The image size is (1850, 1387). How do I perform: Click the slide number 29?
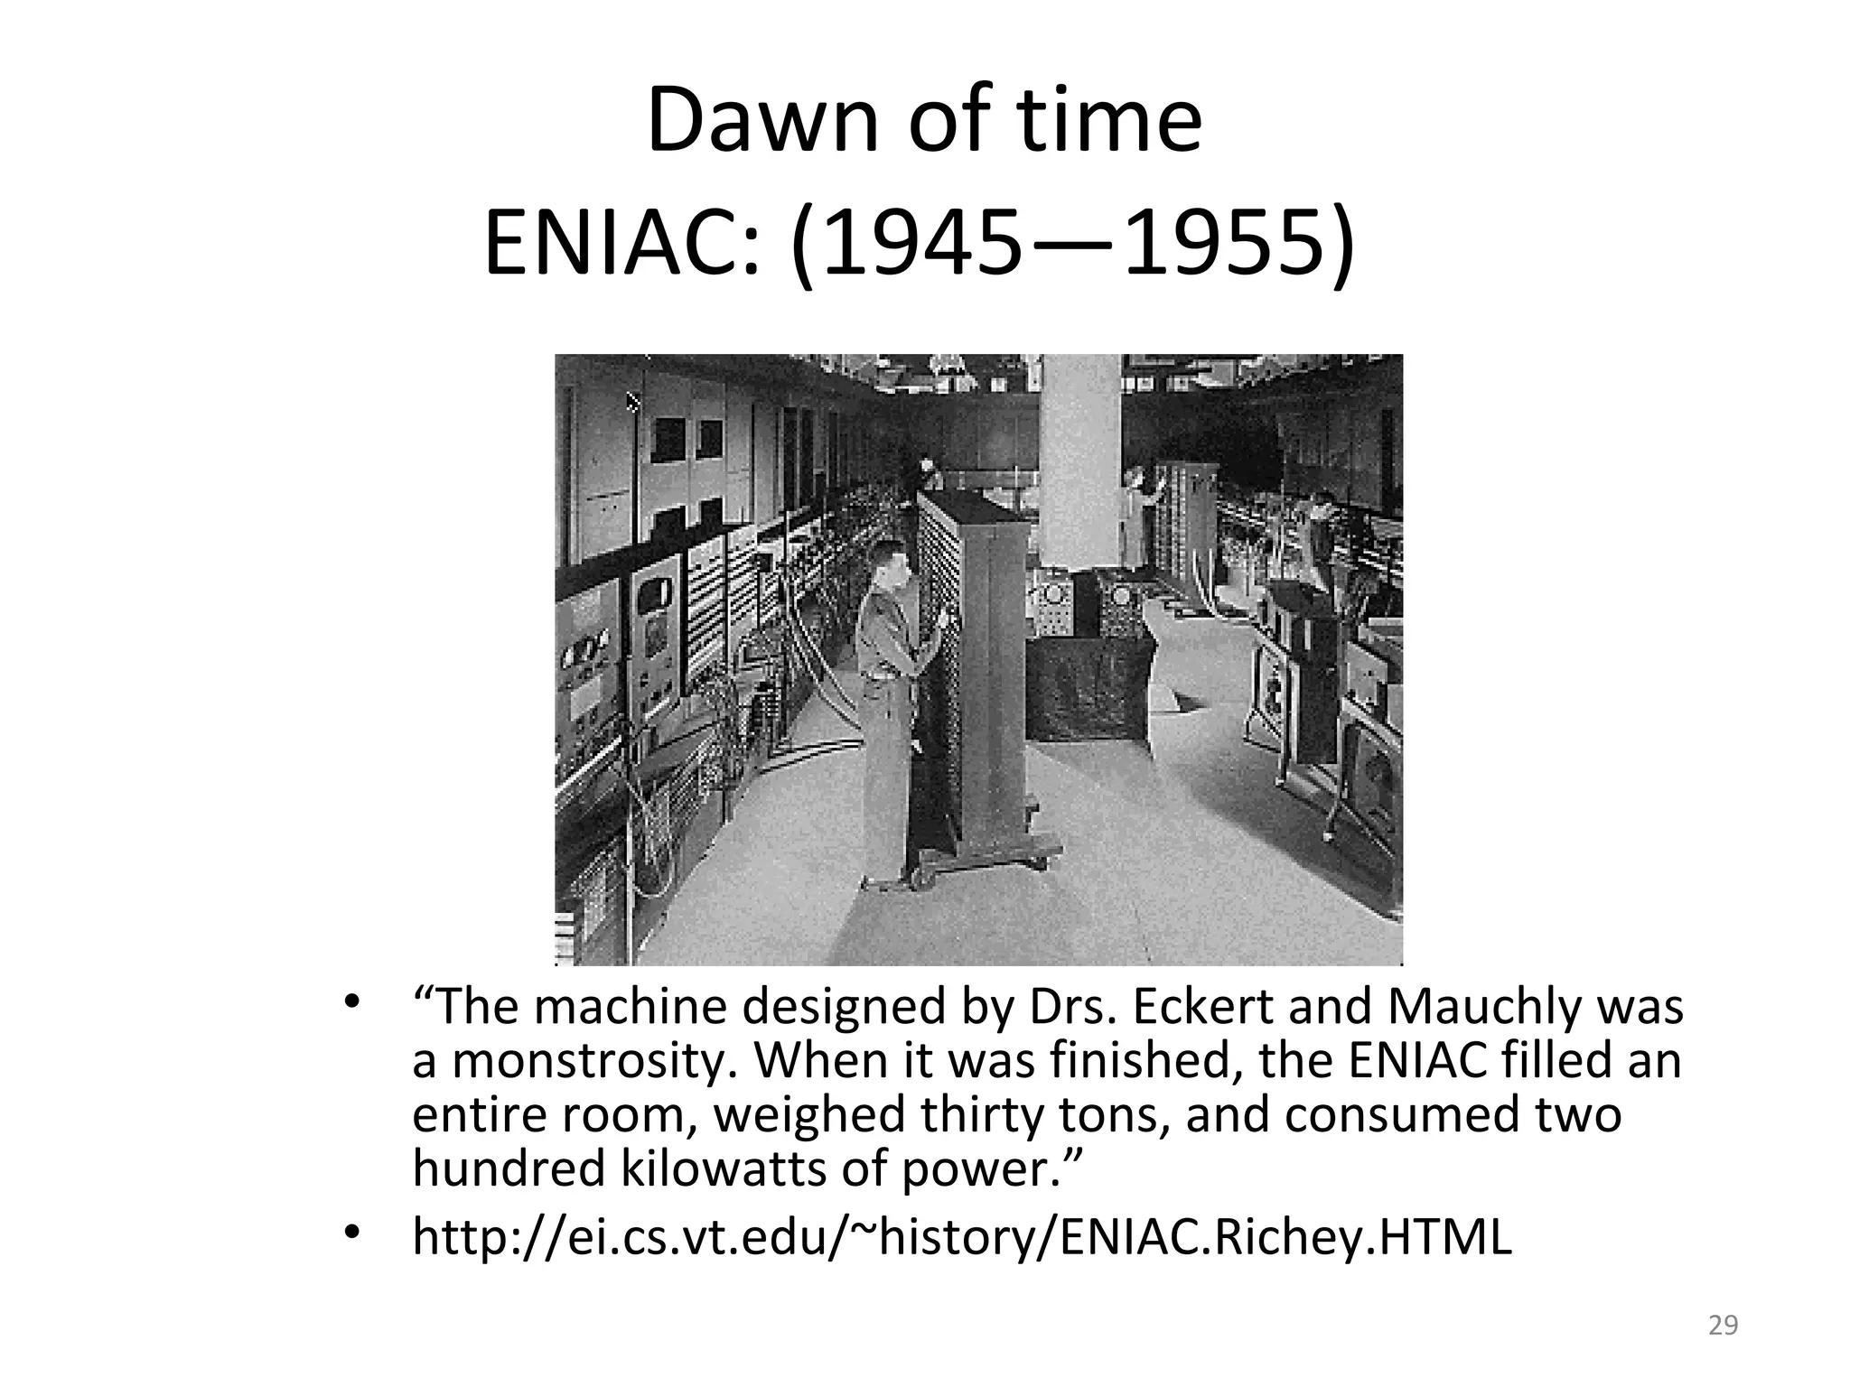tap(1724, 1326)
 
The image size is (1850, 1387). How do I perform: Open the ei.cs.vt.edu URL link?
tap(962, 1237)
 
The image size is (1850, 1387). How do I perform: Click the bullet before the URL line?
tap(352, 1233)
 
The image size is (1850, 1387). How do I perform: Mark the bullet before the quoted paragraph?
tap(352, 1002)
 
